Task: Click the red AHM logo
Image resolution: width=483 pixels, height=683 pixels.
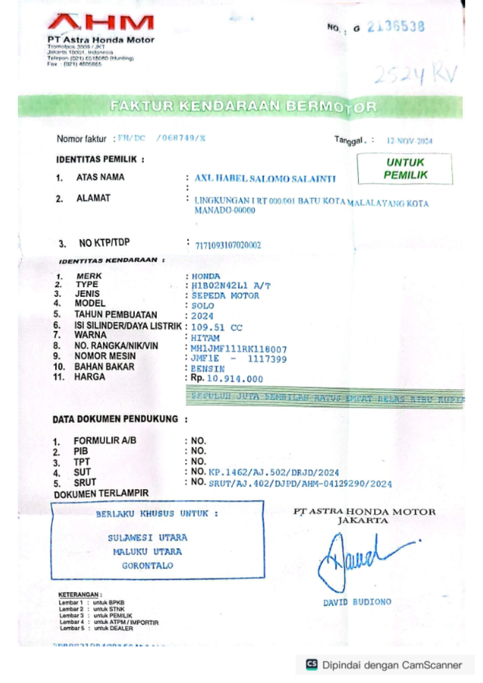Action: [101, 23]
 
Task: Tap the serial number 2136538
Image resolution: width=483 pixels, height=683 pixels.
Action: [396, 27]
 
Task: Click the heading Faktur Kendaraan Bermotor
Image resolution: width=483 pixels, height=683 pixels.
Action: [243, 106]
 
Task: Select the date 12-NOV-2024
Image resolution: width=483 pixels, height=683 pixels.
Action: [409, 141]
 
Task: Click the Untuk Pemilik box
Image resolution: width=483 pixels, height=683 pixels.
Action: [405, 169]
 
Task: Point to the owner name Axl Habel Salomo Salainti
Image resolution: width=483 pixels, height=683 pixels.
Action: [265, 179]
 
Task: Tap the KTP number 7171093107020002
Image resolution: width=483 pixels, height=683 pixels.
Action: [228, 245]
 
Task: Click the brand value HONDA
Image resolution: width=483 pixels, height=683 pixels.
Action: [206, 276]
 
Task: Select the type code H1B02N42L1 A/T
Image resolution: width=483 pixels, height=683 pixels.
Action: [231, 286]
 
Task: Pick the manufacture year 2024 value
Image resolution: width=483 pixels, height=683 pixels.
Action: [202, 316]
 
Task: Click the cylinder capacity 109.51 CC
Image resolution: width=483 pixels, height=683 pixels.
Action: [217, 327]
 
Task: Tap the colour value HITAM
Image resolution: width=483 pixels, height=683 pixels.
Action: [205, 338]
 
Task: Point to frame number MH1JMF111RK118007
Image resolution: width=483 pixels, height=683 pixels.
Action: [239, 349]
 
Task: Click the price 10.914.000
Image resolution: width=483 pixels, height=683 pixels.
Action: [235, 379]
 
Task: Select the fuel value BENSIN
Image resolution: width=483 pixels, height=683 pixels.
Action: [208, 368]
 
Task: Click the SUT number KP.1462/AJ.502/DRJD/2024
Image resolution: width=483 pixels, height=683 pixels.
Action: [274, 472]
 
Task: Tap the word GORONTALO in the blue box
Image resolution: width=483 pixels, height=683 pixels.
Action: [147, 566]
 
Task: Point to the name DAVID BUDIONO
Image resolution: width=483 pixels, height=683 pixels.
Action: [357, 602]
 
